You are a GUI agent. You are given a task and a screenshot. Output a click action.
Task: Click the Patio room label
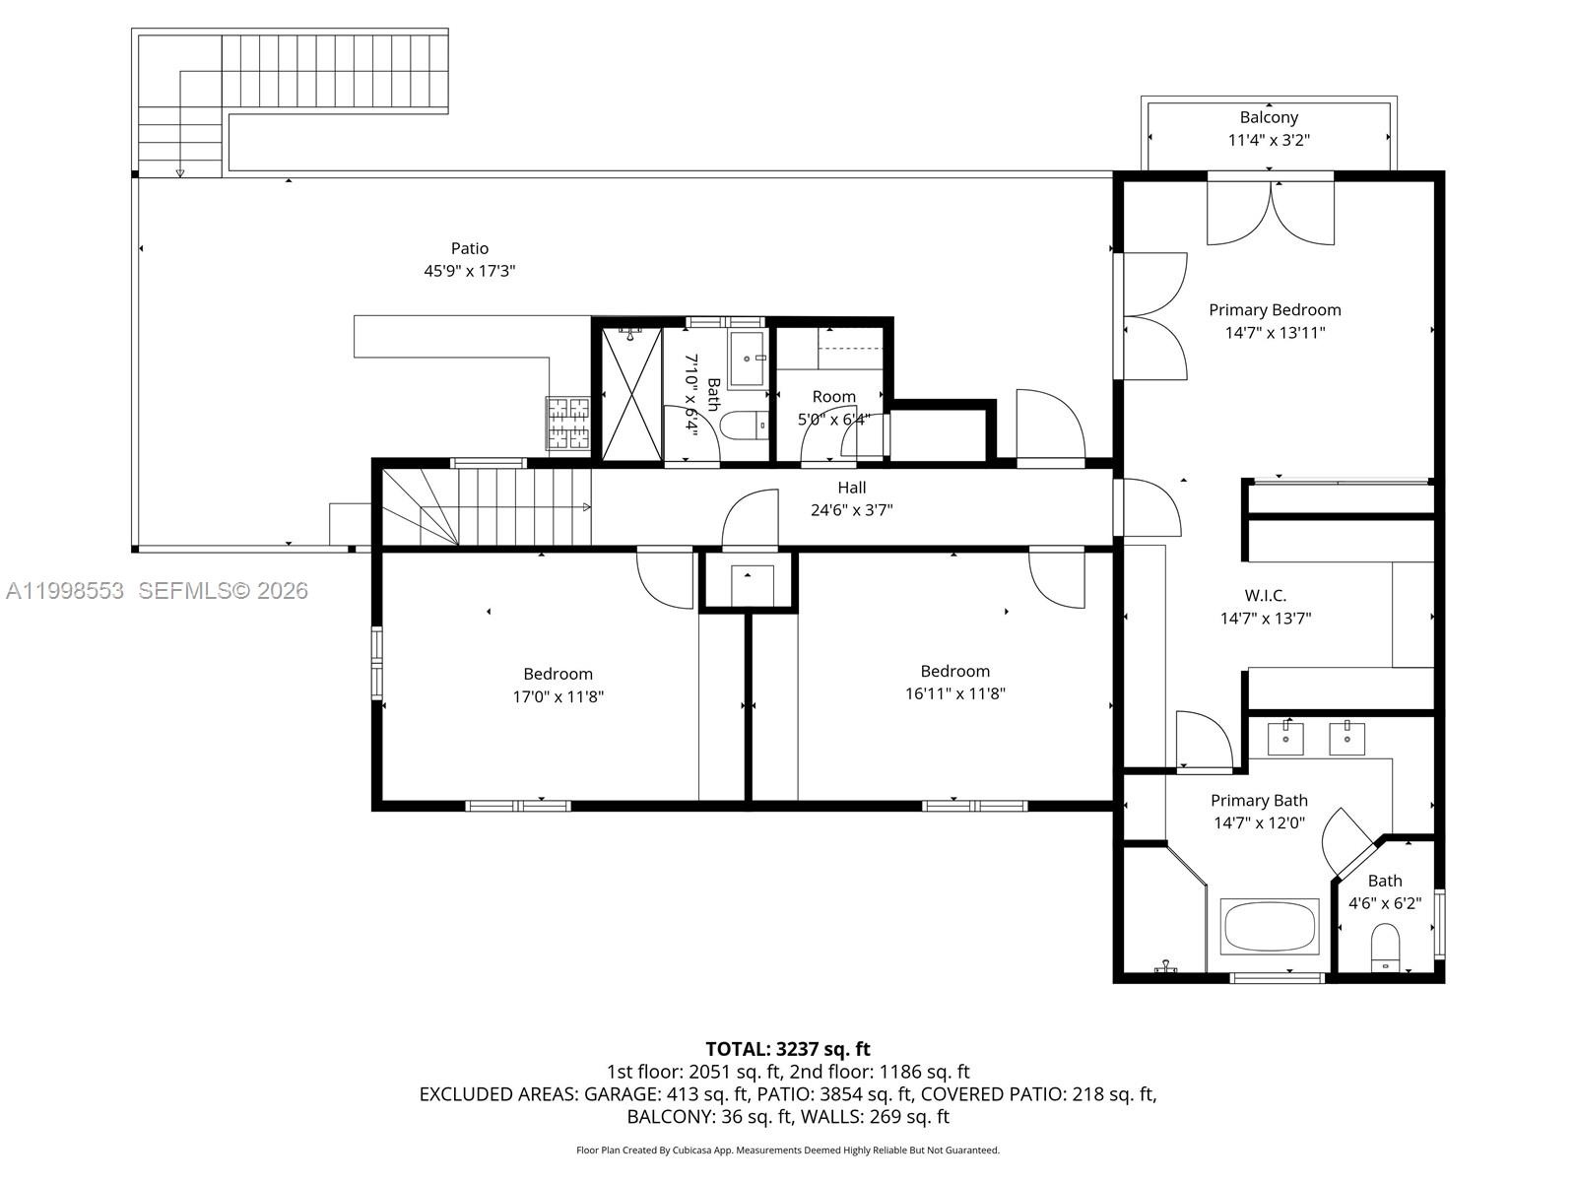coord(470,248)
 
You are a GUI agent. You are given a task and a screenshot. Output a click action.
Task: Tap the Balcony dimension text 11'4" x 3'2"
coord(1269,140)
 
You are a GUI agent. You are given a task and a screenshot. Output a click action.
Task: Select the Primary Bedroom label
coord(1275,310)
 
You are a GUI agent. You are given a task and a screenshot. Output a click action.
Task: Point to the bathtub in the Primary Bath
coord(1271,926)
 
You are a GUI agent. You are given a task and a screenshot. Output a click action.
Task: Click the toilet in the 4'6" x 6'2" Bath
coord(1385,948)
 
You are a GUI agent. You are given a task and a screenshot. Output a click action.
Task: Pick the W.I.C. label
coord(1265,595)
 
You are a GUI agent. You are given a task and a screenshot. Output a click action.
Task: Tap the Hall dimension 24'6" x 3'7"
coord(852,510)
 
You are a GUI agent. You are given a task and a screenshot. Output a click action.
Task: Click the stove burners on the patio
coord(568,424)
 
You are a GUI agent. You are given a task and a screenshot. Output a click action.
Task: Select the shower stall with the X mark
coord(631,394)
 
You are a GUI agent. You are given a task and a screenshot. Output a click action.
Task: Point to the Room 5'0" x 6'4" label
coord(833,408)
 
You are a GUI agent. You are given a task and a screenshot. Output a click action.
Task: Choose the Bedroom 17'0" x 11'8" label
coord(558,686)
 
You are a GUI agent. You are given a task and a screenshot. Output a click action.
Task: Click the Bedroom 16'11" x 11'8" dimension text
coord(954,693)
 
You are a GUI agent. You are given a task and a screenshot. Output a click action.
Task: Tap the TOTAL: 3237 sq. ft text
coord(788,1048)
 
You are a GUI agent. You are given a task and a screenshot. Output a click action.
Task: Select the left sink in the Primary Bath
coord(1285,739)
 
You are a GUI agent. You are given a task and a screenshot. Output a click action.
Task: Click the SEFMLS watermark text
coord(224,591)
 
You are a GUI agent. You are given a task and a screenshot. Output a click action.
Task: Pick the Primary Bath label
coord(1259,800)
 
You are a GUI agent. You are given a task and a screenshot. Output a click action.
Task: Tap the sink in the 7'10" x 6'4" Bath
coord(748,359)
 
